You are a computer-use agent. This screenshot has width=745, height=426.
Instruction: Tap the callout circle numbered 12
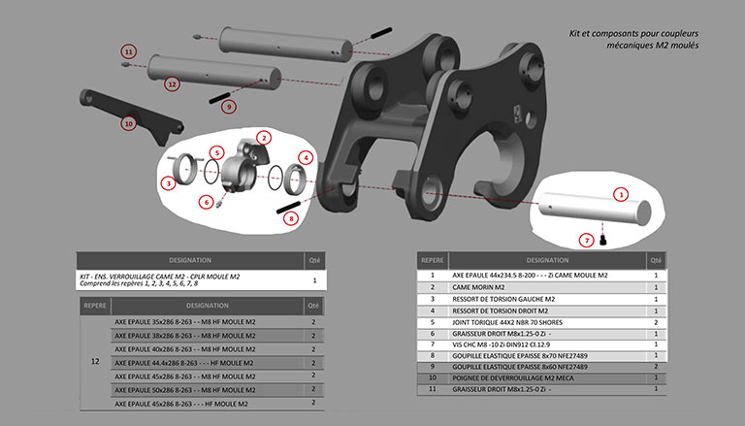(x=172, y=84)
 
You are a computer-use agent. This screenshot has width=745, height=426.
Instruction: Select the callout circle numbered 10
(x=128, y=123)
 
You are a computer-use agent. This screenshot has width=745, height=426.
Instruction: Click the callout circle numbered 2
(x=263, y=138)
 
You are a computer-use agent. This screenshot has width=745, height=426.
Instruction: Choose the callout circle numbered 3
(x=169, y=182)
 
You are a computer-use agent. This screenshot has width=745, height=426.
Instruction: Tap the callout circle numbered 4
(x=307, y=157)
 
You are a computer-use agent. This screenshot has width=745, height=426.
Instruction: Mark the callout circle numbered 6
(x=205, y=202)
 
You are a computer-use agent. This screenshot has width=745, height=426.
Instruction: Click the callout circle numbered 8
(x=291, y=218)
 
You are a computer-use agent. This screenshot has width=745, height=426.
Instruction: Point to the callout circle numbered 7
(x=586, y=239)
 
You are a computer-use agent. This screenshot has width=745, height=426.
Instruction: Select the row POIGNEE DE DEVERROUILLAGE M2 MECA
(x=519, y=377)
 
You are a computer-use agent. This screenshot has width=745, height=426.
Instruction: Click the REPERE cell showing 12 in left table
(x=94, y=361)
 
